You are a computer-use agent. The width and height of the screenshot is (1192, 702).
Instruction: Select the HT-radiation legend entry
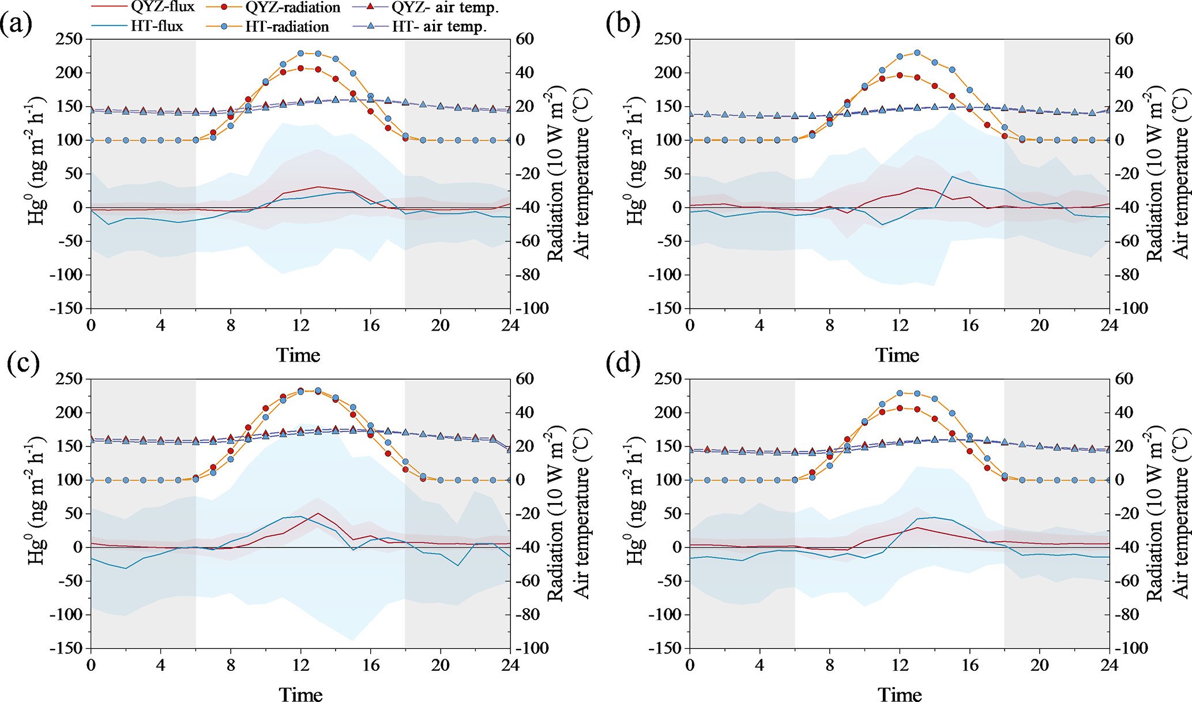point(287,27)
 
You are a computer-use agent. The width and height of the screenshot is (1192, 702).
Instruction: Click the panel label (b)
point(623,25)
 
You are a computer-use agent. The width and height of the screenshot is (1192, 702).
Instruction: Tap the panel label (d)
point(623,363)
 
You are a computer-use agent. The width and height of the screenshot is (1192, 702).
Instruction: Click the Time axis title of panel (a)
point(298,355)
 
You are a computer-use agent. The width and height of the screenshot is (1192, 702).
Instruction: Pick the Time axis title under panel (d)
point(900,694)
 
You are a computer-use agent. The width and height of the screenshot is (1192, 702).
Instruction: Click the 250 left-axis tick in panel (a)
point(69,39)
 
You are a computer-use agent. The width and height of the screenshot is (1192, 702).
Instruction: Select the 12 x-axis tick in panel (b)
point(900,325)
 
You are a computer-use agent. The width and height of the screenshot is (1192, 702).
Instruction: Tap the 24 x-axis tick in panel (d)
point(1109,665)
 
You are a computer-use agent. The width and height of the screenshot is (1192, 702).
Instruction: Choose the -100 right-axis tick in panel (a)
point(530,309)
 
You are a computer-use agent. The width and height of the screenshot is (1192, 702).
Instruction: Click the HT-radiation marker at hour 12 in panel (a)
point(300,53)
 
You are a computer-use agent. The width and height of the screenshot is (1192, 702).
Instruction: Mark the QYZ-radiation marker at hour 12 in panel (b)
point(900,75)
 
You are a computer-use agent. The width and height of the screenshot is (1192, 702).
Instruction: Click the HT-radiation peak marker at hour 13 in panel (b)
point(917,52)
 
